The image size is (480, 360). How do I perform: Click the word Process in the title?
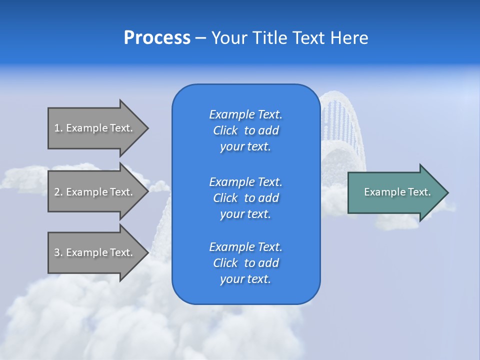(x=157, y=38)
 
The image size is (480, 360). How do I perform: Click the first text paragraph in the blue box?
(x=245, y=130)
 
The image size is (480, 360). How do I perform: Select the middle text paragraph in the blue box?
(x=245, y=198)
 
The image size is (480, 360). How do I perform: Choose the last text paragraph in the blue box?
(x=245, y=263)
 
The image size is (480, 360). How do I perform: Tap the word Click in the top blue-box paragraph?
(x=225, y=130)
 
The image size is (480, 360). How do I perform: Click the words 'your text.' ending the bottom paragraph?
(x=245, y=279)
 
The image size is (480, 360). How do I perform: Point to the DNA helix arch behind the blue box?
(x=342, y=125)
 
